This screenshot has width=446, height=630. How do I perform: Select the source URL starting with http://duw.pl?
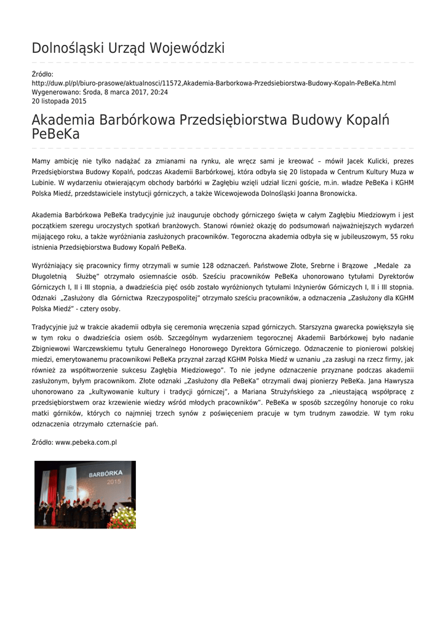click(x=213, y=83)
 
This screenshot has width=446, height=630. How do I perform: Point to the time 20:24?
click(x=159, y=92)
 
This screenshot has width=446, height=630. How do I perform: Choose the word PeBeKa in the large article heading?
click(x=55, y=134)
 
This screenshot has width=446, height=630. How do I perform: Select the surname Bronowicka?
click(x=338, y=193)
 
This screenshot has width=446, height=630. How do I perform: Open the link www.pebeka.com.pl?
click(x=86, y=442)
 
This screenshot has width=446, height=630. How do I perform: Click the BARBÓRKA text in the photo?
click(x=106, y=474)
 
